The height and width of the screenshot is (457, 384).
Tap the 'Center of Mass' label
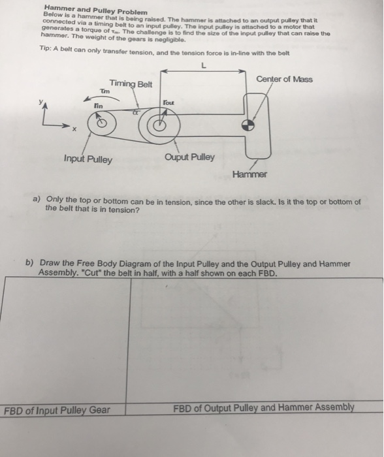pos(284,79)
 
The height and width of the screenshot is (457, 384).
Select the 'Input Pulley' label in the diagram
pos(88,159)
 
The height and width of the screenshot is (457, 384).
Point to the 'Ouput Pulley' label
pos(189,157)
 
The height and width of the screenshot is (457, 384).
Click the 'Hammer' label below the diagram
pos(249,174)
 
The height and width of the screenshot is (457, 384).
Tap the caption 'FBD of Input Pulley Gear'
pos(57,410)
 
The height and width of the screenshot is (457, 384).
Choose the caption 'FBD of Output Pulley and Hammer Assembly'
pos(264,408)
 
